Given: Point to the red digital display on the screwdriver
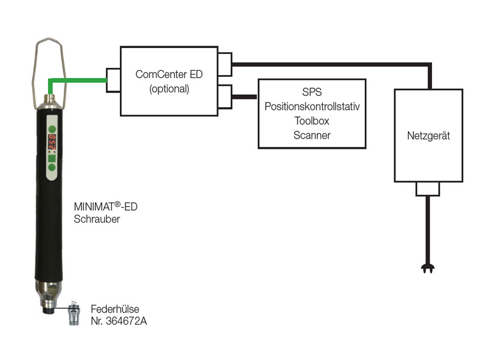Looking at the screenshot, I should pos(52,142).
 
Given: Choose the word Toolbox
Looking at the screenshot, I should pos(311,121).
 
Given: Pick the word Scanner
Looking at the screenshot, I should pos(311,135).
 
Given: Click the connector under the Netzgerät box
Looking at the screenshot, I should pos(428,189).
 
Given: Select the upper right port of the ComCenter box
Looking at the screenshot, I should pos(226,64).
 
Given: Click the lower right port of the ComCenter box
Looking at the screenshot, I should pos(226,96).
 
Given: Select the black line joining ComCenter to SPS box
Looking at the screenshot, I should pos(245,96).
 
